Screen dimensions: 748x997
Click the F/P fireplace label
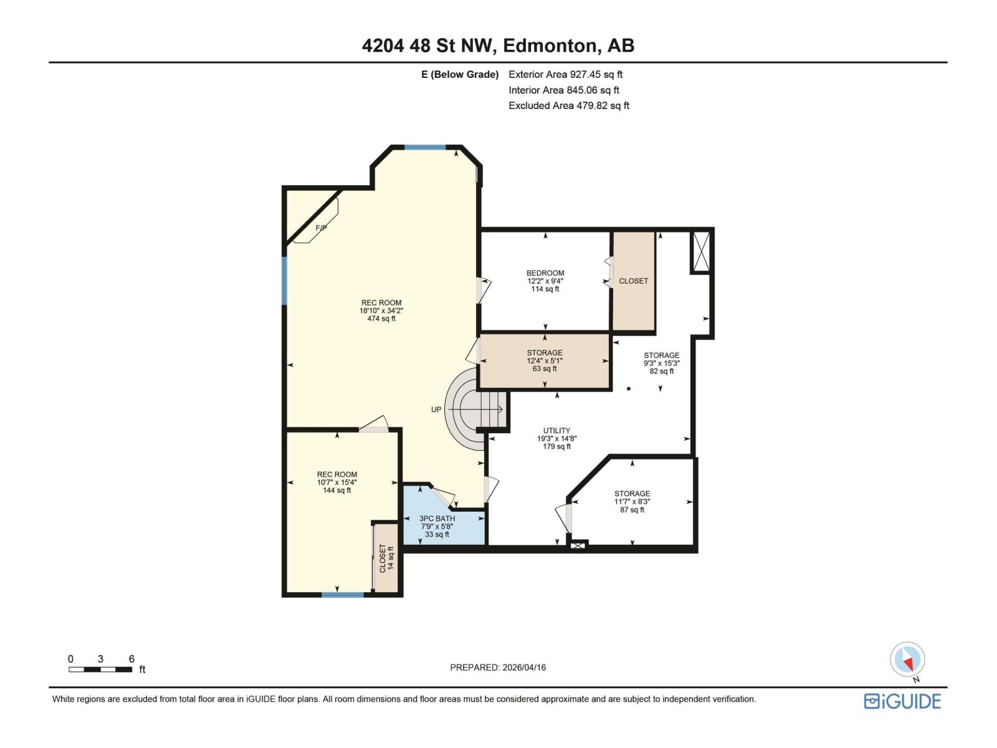click(x=321, y=228)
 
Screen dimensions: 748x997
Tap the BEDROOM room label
click(x=545, y=273)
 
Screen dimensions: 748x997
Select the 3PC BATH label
click(x=437, y=519)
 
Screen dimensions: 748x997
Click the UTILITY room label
click(x=556, y=431)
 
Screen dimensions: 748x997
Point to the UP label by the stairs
click(x=436, y=410)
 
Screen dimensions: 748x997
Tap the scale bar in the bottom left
click(x=100, y=669)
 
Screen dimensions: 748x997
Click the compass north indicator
click(x=907, y=660)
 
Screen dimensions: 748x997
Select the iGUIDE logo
click(x=902, y=701)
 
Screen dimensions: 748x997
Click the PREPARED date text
click(x=498, y=668)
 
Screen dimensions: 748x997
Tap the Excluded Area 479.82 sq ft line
click(x=568, y=106)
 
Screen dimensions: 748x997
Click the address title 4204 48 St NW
click(x=498, y=46)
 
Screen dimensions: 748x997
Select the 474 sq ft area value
click(x=381, y=319)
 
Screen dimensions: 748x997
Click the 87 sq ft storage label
click(x=632, y=510)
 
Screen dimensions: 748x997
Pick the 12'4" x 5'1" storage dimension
click(x=545, y=361)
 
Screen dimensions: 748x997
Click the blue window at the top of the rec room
click(x=425, y=148)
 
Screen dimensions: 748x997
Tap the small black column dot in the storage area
click(x=629, y=389)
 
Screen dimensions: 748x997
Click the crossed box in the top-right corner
click(x=701, y=251)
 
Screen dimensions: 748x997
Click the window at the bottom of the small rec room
click(x=342, y=595)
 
